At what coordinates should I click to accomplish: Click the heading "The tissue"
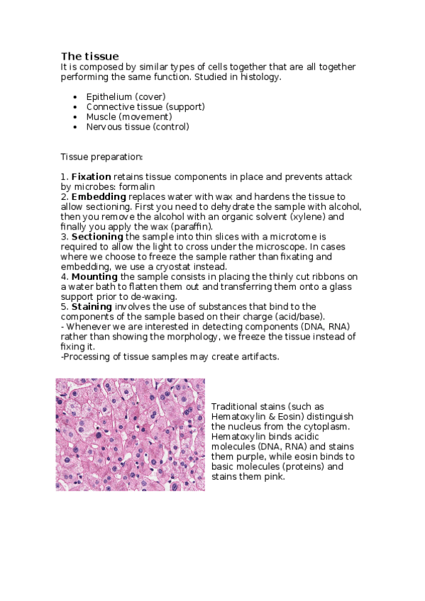pos(89,56)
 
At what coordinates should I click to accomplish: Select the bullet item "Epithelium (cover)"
pos(126,96)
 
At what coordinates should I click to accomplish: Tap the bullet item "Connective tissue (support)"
pos(145,106)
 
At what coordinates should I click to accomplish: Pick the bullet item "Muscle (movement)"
pos(128,116)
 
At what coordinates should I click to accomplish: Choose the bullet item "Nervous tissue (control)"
pos(138,127)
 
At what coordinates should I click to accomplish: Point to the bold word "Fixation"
pos(92,176)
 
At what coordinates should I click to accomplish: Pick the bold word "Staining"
pos(91,306)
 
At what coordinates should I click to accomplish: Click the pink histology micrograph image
pos(130,434)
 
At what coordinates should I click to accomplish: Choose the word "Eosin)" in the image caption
pos(307,416)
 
